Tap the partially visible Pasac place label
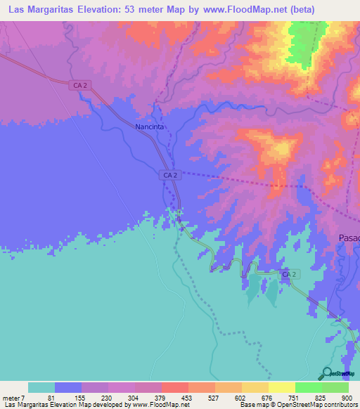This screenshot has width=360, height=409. click(349, 238)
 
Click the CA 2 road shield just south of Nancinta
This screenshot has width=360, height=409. click(169, 174)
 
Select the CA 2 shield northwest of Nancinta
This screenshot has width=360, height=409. click(79, 85)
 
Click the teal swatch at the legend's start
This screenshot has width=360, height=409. click(41, 387)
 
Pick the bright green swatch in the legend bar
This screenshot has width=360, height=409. click(309, 387)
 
